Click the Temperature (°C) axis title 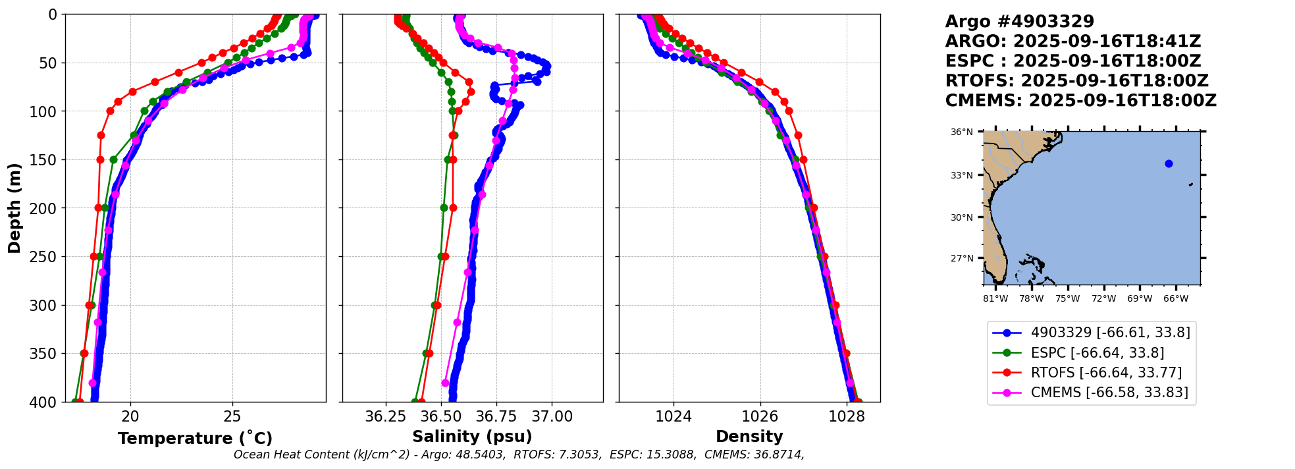(195, 439)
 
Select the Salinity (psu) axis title (472, 437)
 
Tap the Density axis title (749, 437)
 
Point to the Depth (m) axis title (14, 208)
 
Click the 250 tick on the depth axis (47, 257)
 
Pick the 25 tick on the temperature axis (232, 416)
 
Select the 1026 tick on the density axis (760, 416)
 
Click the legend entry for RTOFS (1106, 373)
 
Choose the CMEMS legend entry (1109, 393)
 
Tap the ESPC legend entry (1097, 353)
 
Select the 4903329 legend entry (1110, 333)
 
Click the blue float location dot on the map (1169, 163)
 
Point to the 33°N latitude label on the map (961, 175)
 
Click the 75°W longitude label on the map (1068, 299)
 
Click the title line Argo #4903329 (1019, 22)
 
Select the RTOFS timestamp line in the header (1076, 81)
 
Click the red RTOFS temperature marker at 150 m (100, 159)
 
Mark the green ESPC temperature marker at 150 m (113, 159)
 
